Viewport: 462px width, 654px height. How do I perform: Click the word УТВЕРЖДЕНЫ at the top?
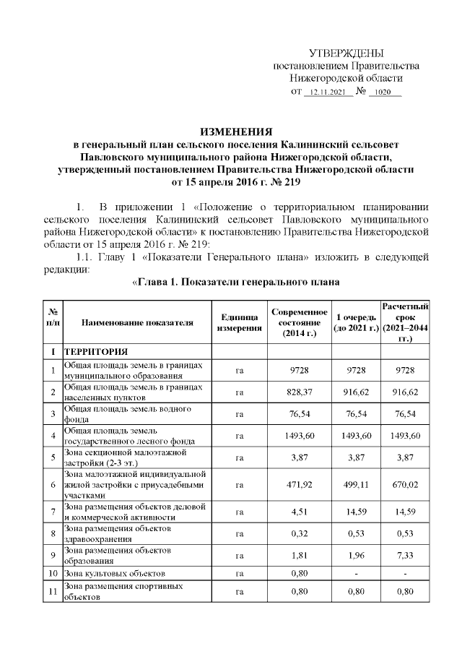pos(346,53)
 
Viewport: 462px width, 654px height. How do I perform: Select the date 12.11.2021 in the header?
pos(328,92)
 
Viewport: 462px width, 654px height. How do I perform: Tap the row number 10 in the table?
pos(52,574)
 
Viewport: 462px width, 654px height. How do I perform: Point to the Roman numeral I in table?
pos(52,351)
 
